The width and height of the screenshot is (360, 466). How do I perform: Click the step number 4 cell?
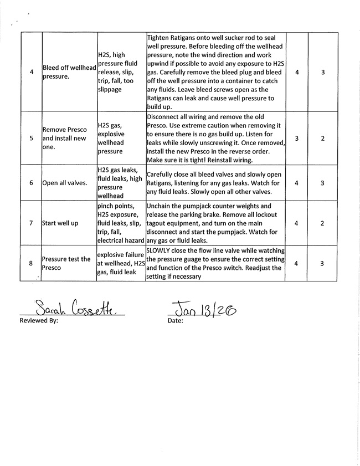coord(31,71)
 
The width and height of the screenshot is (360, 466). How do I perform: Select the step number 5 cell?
coord(31,138)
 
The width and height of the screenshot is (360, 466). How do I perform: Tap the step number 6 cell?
coord(31,182)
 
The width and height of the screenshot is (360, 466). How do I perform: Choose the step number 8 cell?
coord(31,263)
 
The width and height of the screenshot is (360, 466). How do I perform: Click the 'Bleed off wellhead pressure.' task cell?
coord(69,72)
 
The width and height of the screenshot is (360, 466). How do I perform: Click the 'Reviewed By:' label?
coord(39,320)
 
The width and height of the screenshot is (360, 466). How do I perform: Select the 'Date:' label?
coord(175,320)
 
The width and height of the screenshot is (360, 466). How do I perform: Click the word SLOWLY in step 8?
coord(160,250)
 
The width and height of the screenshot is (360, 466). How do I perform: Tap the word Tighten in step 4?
coord(160,37)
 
